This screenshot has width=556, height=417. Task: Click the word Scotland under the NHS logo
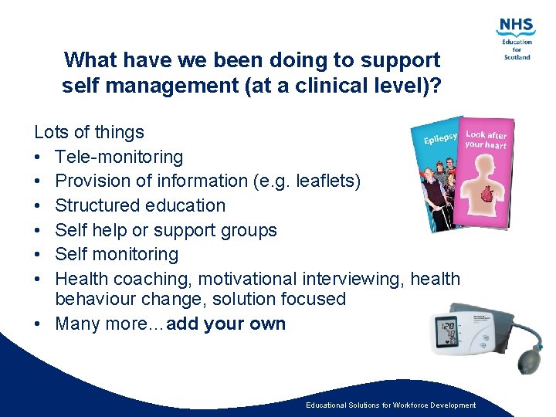[x=516, y=56]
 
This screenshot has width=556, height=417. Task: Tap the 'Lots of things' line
[x=90, y=132]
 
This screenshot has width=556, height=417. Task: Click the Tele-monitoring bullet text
[x=119, y=157]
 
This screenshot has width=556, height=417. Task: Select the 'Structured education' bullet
[x=140, y=205]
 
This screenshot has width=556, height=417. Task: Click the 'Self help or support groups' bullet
[x=165, y=230]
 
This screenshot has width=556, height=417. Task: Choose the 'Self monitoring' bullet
[x=117, y=254]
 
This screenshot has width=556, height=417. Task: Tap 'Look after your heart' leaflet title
[x=486, y=139]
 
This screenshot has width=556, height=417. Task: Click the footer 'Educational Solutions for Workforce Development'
[x=391, y=405]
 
